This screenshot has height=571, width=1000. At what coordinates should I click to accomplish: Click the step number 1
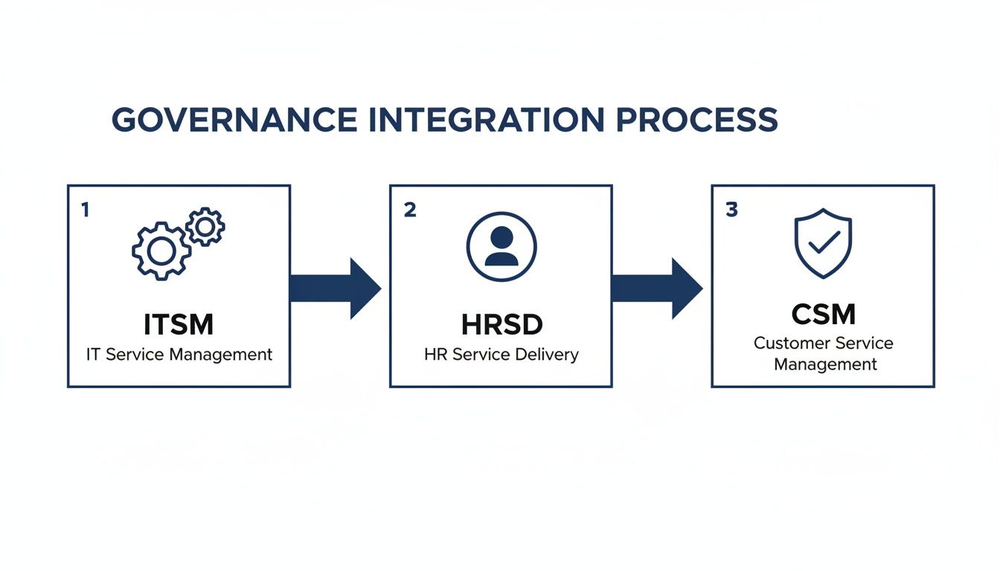tap(85, 210)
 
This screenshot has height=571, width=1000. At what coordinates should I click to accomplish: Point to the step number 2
tap(409, 210)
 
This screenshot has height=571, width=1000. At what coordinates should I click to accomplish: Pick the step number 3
tap(731, 210)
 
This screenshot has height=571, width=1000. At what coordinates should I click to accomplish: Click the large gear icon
tap(161, 251)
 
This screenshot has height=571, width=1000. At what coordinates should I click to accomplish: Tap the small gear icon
tap(205, 227)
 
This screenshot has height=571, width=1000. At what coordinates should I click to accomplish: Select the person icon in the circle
tap(501, 246)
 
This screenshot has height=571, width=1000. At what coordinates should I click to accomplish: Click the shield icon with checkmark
tap(823, 243)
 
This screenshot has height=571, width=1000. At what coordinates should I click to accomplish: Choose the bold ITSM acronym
tap(179, 324)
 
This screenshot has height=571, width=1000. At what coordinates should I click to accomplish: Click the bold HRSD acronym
tap(501, 324)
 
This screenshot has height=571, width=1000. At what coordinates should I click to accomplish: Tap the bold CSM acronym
tap(823, 314)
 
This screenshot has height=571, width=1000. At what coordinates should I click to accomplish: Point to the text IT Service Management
tap(179, 355)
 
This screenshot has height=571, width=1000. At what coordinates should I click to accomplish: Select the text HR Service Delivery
tap(501, 355)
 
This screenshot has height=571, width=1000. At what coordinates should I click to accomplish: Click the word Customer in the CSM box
tap(789, 343)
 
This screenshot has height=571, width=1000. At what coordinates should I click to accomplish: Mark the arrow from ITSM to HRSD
tap(334, 288)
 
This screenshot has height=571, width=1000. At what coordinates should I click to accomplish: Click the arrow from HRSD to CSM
tap(656, 288)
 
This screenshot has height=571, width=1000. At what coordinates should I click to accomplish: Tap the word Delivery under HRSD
tap(548, 355)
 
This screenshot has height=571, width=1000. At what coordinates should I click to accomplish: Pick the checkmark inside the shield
tap(824, 242)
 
